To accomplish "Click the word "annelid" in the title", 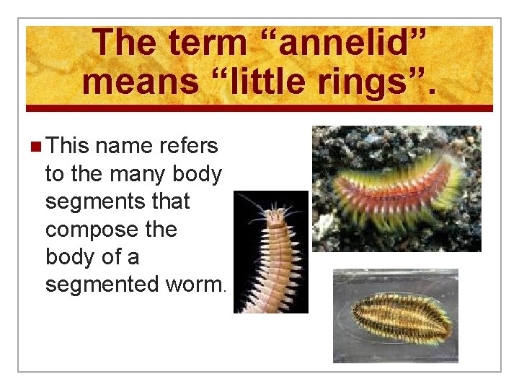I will [354, 43].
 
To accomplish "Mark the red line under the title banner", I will [259, 108].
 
